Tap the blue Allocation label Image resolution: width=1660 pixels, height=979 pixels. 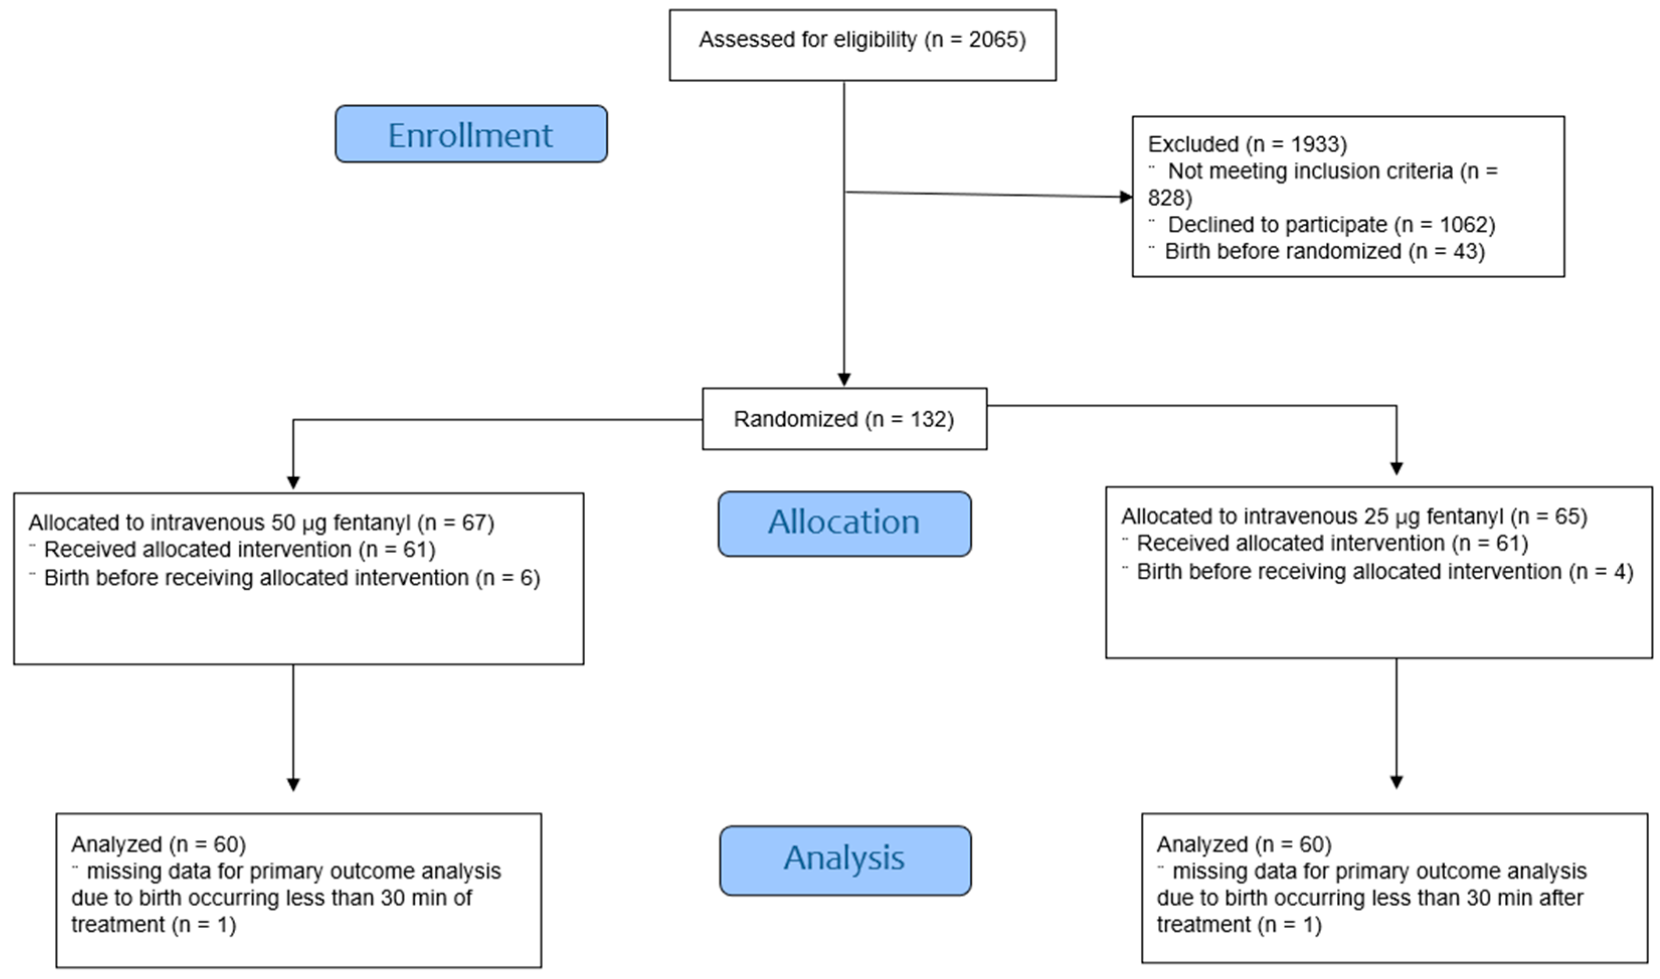(844, 522)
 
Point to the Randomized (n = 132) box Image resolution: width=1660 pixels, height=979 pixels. (844, 419)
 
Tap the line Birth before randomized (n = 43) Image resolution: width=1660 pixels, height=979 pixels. (1324, 251)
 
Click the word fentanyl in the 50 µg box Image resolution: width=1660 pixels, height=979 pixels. (372, 523)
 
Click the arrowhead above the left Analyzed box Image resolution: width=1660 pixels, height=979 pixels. (294, 784)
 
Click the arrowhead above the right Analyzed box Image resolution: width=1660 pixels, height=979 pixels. (1396, 782)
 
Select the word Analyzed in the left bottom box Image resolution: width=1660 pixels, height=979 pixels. (116, 844)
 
